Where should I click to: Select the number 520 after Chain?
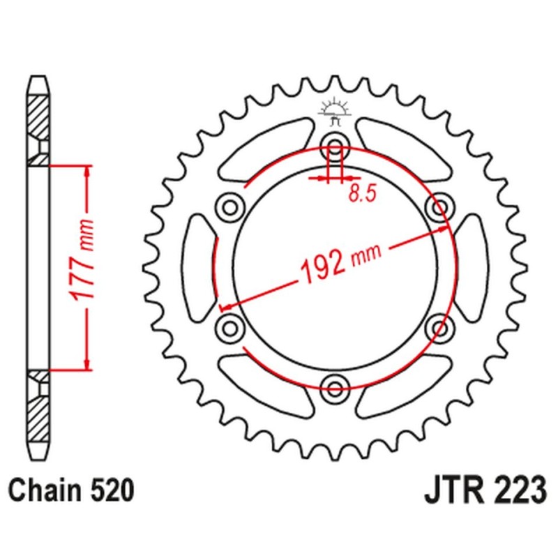point(110,490)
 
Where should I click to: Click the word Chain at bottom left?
point(45,490)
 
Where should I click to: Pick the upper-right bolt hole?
point(440,207)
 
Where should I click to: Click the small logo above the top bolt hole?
point(333,112)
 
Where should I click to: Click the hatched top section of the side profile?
point(39,119)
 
